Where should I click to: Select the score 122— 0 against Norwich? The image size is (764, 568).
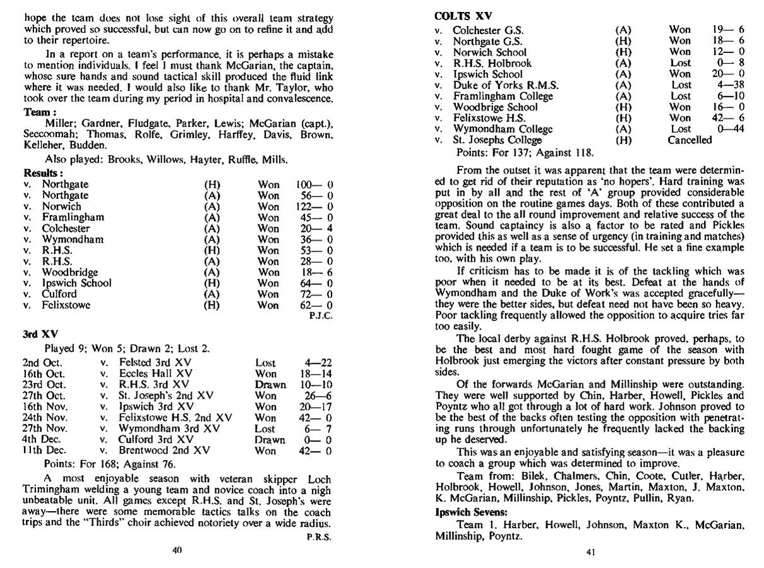click(314, 207)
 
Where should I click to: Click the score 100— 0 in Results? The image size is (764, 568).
click(314, 184)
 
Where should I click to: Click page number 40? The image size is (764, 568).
click(177, 550)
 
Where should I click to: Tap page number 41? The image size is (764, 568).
click(591, 552)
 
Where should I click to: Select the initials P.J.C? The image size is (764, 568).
click(321, 315)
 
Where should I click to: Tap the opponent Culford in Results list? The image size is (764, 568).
click(59, 294)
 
